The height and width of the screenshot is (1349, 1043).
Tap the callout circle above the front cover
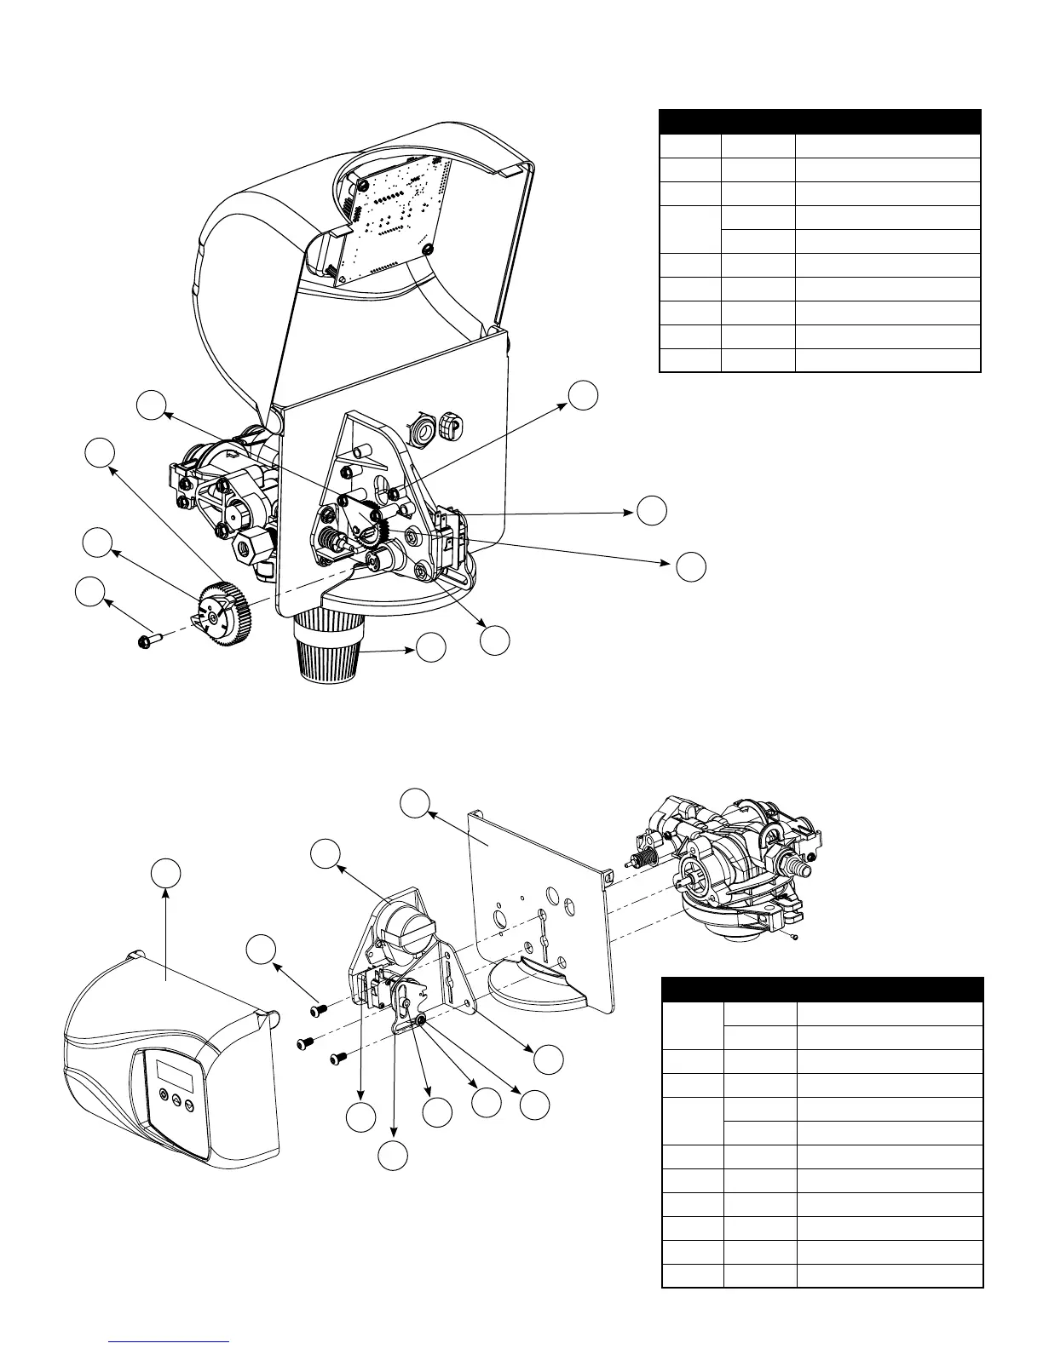point(166,875)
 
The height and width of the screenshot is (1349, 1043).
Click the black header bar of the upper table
point(821,121)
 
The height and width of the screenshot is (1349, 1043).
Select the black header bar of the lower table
point(822,989)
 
